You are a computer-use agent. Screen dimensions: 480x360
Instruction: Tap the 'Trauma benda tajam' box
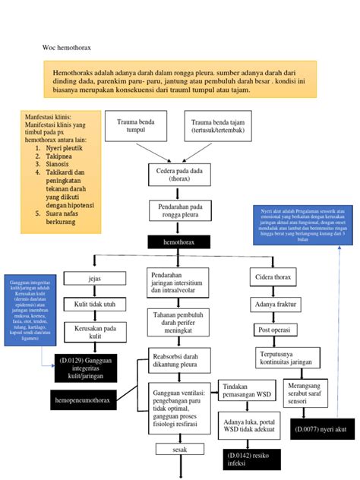point(216,126)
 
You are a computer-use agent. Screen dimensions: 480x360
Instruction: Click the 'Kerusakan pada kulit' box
point(94,333)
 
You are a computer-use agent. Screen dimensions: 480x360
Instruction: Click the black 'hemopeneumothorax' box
point(85,398)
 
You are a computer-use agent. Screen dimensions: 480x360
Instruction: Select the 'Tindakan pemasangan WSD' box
point(246,389)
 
